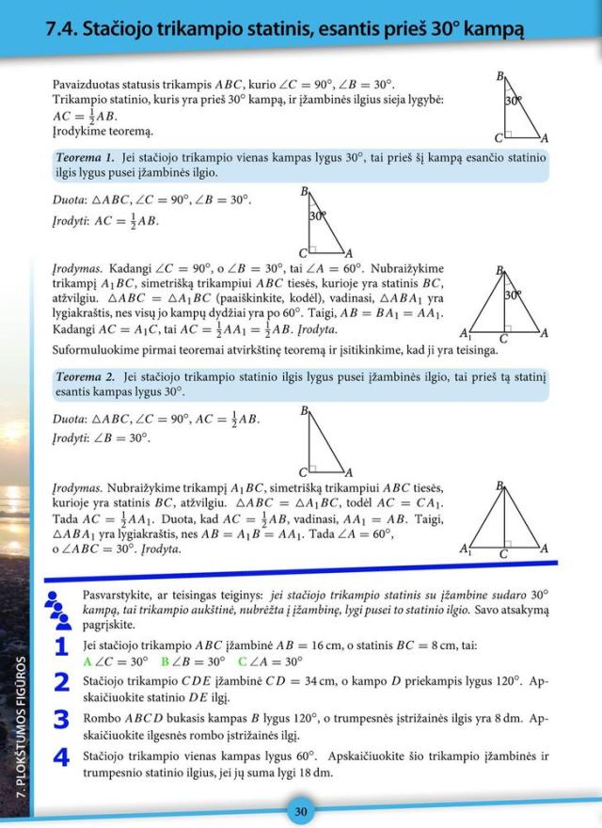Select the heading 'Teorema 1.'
point(86,156)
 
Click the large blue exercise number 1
point(61,647)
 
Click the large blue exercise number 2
point(61,682)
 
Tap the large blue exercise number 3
point(61,720)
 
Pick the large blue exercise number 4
point(61,757)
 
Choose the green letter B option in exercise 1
point(165,661)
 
